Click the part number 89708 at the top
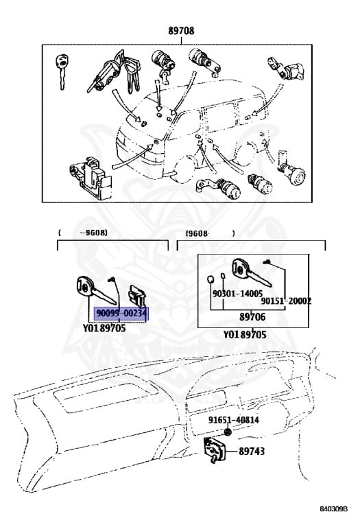pyautogui.click(x=181, y=31)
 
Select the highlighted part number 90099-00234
pyautogui.click(x=121, y=313)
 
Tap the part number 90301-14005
pyautogui.click(x=237, y=294)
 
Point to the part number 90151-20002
pyautogui.click(x=286, y=301)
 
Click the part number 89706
pyautogui.click(x=252, y=317)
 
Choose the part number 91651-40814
pyautogui.click(x=233, y=420)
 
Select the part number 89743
pyautogui.click(x=252, y=451)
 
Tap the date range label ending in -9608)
pyautogui.click(x=83, y=233)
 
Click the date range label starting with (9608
pyautogui.click(x=211, y=233)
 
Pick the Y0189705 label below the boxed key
pyautogui.click(x=245, y=335)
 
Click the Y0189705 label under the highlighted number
pyautogui.click(x=104, y=328)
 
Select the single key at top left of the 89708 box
pyautogui.click(x=62, y=71)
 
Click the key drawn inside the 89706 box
pyautogui.click(x=251, y=272)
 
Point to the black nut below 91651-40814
pyautogui.click(x=228, y=432)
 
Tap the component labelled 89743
pyautogui.click(x=215, y=449)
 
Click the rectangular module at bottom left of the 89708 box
pyautogui.click(x=91, y=178)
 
